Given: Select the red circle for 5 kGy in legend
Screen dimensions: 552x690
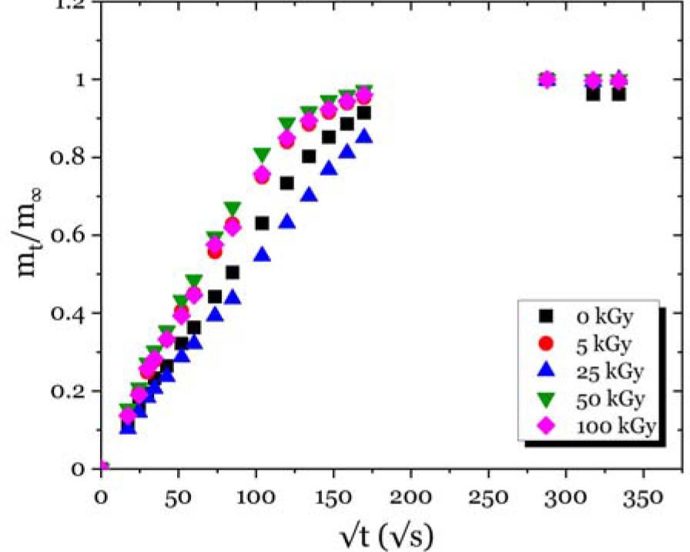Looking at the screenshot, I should click(x=546, y=342).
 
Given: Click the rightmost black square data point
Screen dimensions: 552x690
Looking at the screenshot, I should click(x=618, y=93).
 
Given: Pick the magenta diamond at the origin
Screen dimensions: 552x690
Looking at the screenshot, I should click(x=102, y=467).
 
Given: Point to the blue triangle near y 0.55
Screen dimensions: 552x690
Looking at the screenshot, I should click(x=262, y=254).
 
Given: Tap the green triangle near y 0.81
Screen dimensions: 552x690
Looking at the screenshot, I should click(x=262, y=155).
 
